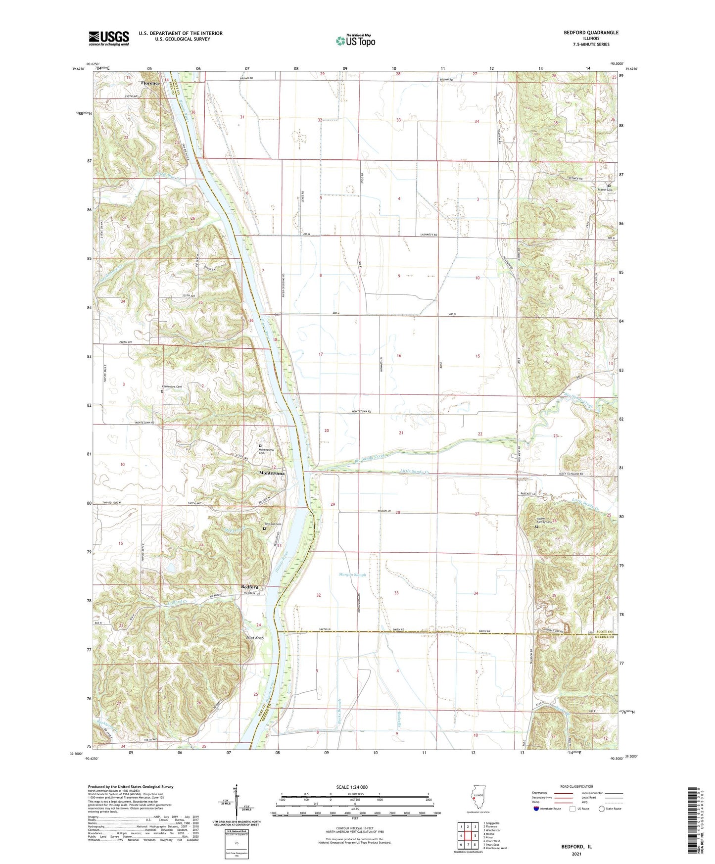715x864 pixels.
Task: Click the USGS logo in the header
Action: (109, 38)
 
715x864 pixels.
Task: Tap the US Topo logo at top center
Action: (355, 41)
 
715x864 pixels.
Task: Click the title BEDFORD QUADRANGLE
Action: (591, 33)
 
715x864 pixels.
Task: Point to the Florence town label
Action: (150, 83)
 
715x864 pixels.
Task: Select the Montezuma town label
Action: (272, 474)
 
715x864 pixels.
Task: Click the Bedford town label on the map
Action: (249, 587)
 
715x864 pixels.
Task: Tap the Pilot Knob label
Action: (255, 638)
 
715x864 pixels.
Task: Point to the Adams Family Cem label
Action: (544, 521)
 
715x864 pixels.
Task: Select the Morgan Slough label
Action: (352, 575)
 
